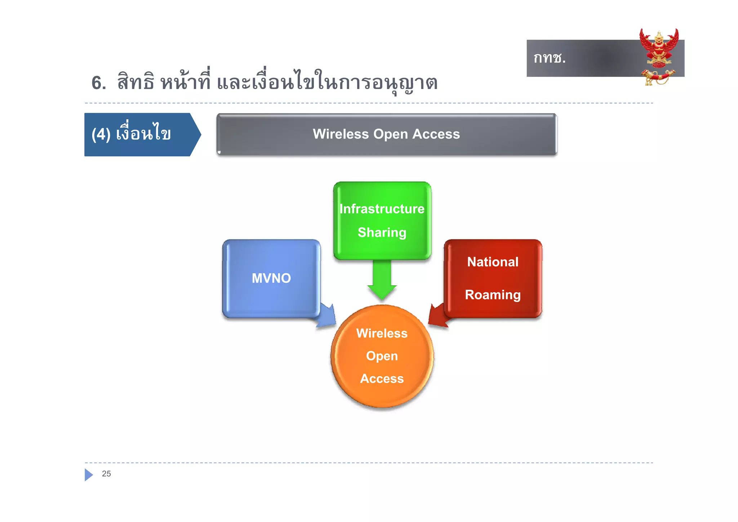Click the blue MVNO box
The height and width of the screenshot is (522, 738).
click(x=271, y=278)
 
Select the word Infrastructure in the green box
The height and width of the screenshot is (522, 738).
click(x=382, y=209)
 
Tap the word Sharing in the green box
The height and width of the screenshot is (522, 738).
click(x=382, y=233)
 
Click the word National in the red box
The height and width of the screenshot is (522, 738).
click(x=493, y=262)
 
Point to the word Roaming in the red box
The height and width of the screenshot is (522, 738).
click(x=493, y=295)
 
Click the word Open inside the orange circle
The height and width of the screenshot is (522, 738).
click(x=382, y=356)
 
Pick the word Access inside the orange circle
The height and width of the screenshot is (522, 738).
click(x=382, y=379)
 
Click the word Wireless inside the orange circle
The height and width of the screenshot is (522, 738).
click(x=382, y=333)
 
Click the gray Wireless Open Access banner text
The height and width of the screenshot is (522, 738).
click(x=386, y=134)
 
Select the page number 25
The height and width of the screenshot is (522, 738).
click(x=106, y=474)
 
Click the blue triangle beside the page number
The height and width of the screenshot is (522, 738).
click(x=88, y=475)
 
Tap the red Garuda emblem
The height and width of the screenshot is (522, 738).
click(x=659, y=49)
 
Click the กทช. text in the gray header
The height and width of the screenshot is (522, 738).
click(x=550, y=58)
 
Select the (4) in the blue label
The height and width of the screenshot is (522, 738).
click(x=101, y=135)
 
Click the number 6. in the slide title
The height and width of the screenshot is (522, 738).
click(x=99, y=83)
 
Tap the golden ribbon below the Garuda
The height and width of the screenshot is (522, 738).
click(x=658, y=77)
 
